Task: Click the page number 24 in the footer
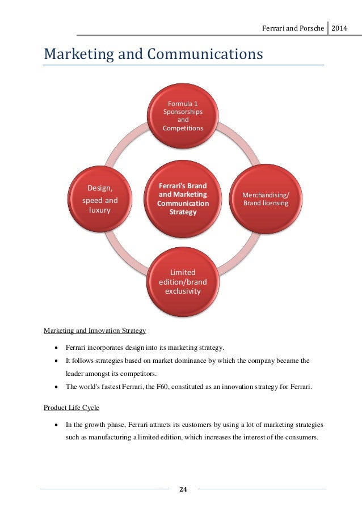tap(183, 489)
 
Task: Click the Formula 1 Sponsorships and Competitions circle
tap(183, 116)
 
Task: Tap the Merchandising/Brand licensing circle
tap(266, 198)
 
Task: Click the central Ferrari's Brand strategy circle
tap(183, 198)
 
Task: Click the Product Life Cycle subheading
tap(70, 407)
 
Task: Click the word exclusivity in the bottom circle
tap(183, 291)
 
